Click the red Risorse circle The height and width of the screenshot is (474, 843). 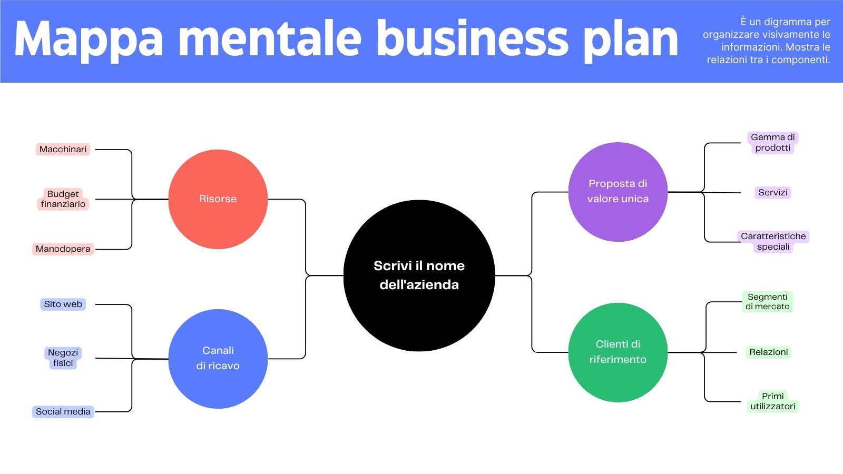(x=218, y=199)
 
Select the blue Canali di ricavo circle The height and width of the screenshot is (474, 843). (x=218, y=359)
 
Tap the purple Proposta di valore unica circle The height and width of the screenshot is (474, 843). (x=618, y=192)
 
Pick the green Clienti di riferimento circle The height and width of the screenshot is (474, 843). (x=618, y=352)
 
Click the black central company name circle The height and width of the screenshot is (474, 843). (x=419, y=275)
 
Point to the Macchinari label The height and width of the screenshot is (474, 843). (x=63, y=150)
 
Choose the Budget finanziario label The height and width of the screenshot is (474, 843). (x=63, y=199)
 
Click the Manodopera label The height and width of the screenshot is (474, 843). (x=63, y=249)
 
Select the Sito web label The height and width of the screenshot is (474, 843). (x=63, y=304)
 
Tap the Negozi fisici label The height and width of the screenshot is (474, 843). (x=63, y=358)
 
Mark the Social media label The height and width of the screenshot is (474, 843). (x=63, y=412)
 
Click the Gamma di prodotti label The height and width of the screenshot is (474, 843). (x=772, y=143)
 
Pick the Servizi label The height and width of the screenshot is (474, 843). (x=772, y=193)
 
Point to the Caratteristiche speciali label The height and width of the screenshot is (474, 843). (x=773, y=242)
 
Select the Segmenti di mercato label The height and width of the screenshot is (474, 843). (x=767, y=302)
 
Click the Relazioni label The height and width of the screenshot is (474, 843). (x=769, y=352)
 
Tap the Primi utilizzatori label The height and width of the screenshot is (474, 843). (x=772, y=401)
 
